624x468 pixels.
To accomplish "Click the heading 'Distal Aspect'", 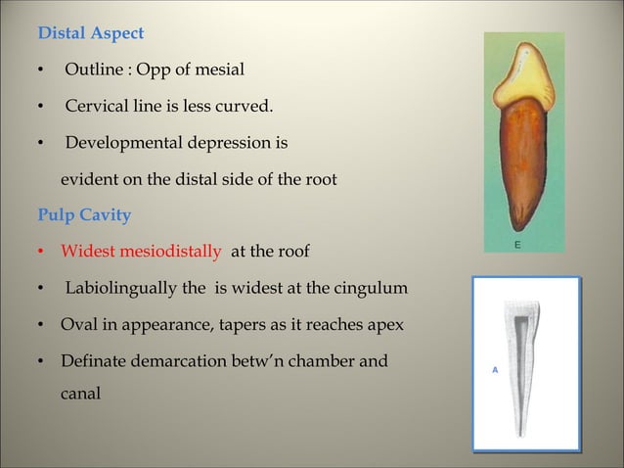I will click(x=90, y=33).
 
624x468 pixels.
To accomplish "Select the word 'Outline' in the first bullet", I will click(x=92, y=70).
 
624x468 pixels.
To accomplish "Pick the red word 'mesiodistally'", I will click(x=170, y=253).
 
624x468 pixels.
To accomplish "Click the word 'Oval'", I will click(x=78, y=326).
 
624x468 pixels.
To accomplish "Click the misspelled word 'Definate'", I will click(x=96, y=362).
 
